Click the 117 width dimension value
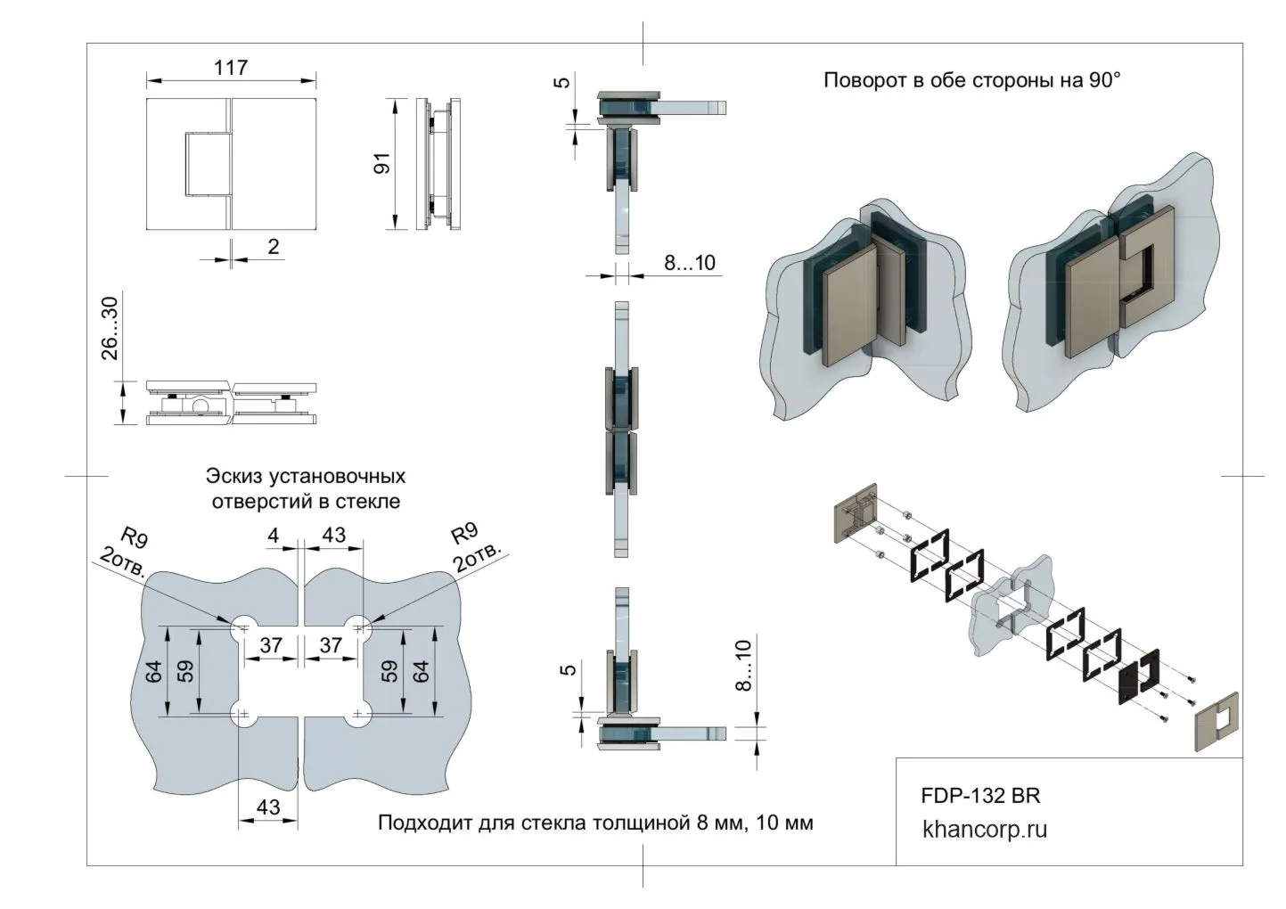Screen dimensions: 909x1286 pyautogui.click(x=231, y=68)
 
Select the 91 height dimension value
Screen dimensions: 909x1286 pyautogui.click(x=382, y=164)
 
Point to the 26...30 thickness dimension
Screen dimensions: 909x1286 pyautogui.click(x=110, y=329)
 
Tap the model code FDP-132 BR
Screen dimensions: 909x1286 pyautogui.click(x=979, y=795)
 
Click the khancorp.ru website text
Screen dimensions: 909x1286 pyautogui.click(x=985, y=830)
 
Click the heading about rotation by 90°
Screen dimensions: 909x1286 pyautogui.click(x=971, y=80)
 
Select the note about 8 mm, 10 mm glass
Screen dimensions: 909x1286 pyautogui.click(x=595, y=823)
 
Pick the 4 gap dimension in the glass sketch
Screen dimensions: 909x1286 pyautogui.click(x=274, y=536)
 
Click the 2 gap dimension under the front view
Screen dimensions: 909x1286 pyautogui.click(x=274, y=246)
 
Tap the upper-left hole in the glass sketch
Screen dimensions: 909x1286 pyautogui.click(x=242, y=628)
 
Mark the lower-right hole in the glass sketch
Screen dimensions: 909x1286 pyautogui.click(x=358, y=715)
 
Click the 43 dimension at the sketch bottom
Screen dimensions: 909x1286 pyautogui.click(x=267, y=807)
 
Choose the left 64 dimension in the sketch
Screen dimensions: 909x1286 pyautogui.click(x=154, y=671)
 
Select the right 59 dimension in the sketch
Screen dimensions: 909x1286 pyautogui.click(x=389, y=671)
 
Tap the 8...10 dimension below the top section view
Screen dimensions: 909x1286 pyautogui.click(x=690, y=263)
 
